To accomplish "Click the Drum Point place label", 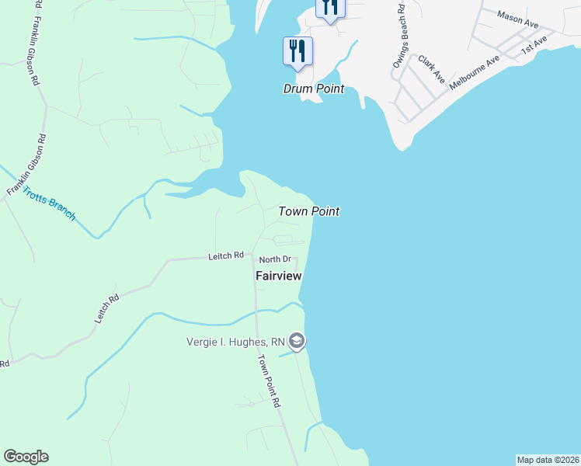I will coord(313,89).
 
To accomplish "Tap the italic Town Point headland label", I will coord(308,211).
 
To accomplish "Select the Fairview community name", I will coord(278,276).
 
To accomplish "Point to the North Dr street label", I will coord(275,259).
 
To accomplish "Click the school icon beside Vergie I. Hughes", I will coord(296,341).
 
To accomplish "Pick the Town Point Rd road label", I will coord(269,381).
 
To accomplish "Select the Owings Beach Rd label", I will coord(398,37).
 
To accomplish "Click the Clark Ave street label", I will coord(431,68).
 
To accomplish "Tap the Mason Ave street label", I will coord(517,19).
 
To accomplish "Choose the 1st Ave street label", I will coord(535,43).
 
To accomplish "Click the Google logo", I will coord(26,457).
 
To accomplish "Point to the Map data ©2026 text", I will coord(548,460).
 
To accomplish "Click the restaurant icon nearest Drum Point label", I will coord(297,51).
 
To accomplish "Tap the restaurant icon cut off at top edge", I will coord(330,9).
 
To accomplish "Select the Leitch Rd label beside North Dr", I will coord(226,255).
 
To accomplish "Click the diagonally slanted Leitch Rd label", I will coord(106,308).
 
